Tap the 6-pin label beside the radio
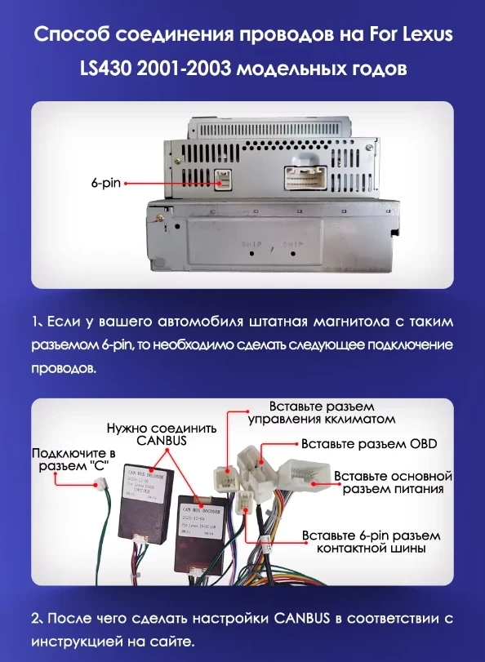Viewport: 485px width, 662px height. click(x=105, y=184)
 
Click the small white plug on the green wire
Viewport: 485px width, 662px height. click(x=105, y=487)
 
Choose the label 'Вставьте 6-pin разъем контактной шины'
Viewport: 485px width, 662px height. click(x=371, y=543)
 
